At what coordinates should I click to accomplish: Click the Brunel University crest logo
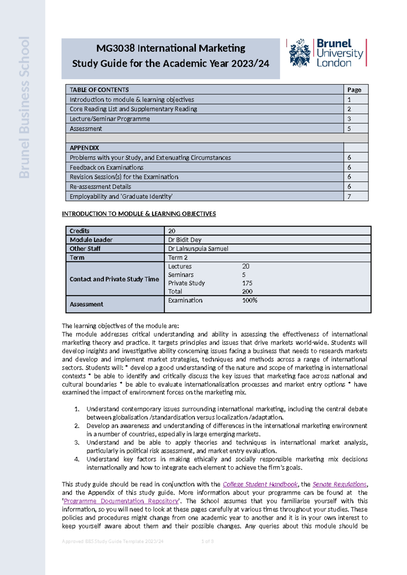tap(299, 53)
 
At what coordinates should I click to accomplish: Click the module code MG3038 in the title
tap(115, 48)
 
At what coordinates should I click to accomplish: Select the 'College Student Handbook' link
tap(260, 484)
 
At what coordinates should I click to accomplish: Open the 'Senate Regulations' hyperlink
tap(339, 484)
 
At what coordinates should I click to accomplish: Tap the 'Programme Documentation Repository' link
tap(121, 501)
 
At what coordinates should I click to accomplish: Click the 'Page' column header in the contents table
tap(354, 90)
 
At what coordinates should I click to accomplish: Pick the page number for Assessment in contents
tap(349, 128)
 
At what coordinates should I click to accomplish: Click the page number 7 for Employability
tap(349, 196)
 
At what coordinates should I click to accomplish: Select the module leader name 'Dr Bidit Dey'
tap(185, 240)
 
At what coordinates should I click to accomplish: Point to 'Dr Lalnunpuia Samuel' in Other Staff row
tap(198, 249)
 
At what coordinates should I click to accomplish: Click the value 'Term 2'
tap(178, 257)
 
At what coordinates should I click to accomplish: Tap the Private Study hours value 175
tap(247, 283)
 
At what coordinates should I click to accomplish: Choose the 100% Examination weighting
tap(250, 300)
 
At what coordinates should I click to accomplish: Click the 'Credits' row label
tap(79, 231)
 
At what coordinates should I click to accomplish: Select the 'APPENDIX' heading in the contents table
tap(84, 148)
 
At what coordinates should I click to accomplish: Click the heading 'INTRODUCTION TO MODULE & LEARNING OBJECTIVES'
tap(139, 214)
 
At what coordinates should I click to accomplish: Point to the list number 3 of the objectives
tap(77, 442)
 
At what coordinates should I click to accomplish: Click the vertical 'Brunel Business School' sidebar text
tap(24, 107)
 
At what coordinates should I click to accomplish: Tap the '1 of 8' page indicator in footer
tap(207, 541)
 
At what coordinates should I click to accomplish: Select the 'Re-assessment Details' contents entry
tap(100, 186)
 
